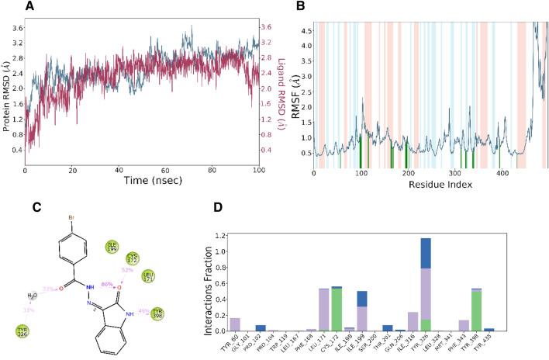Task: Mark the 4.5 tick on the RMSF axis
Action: point(306,31)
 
